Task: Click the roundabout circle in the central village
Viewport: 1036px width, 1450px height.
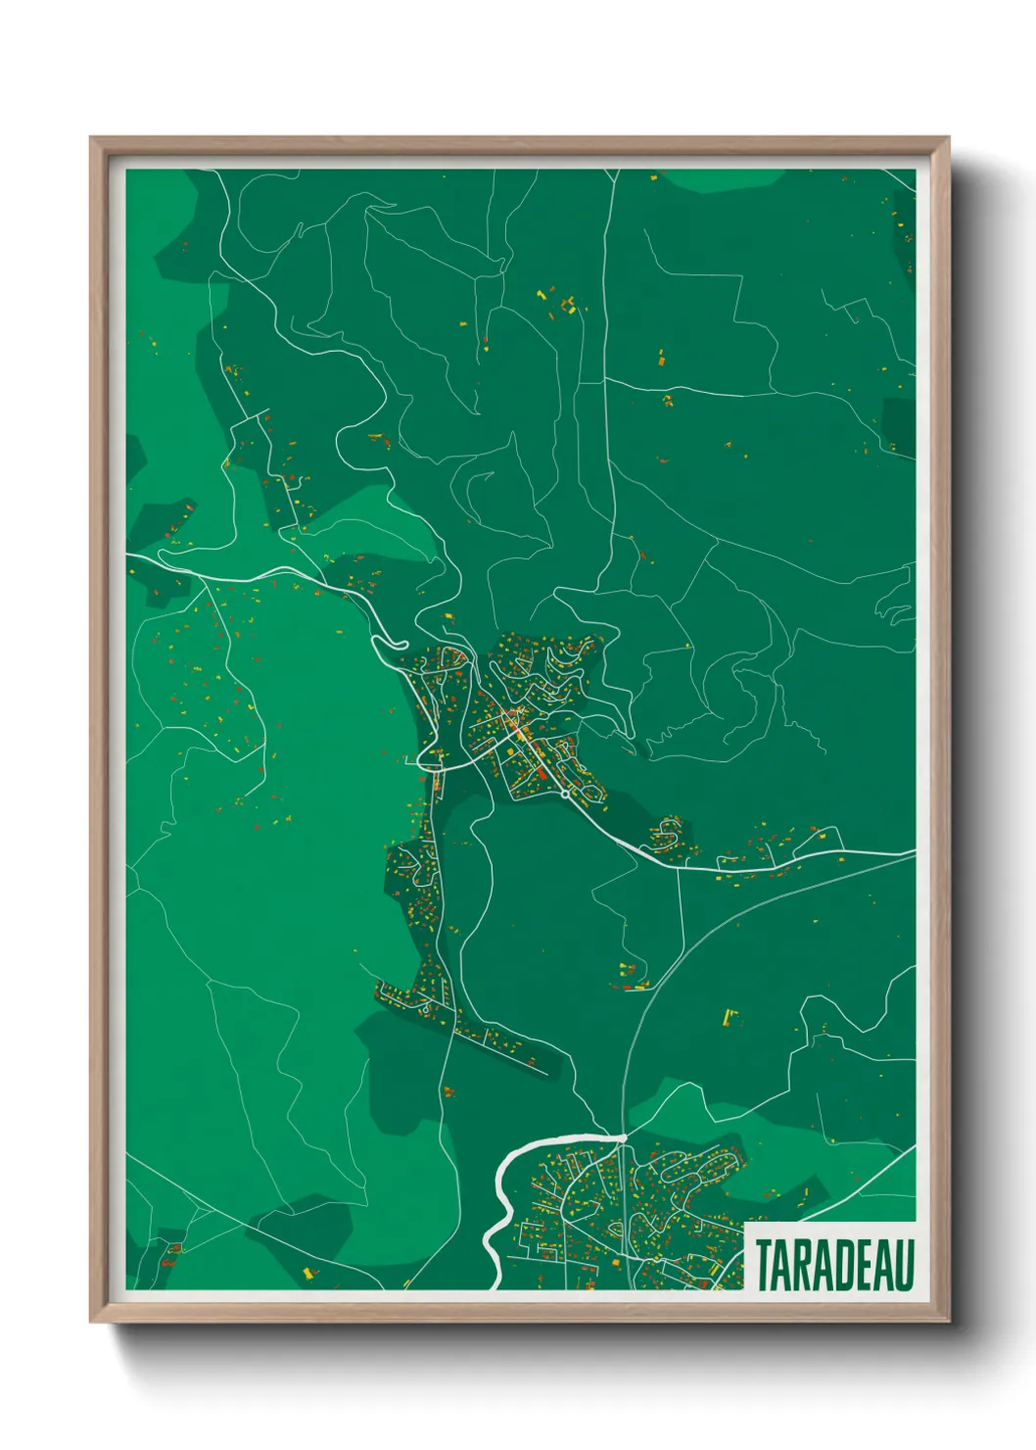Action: pyautogui.click(x=566, y=795)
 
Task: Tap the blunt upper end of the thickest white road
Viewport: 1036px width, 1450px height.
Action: pyautogui.click(x=623, y=1137)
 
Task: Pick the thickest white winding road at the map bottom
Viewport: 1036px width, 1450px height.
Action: pyautogui.click(x=499, y=1205)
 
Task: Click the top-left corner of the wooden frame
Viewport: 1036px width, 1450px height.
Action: pyautogui.click(x=91, y=138)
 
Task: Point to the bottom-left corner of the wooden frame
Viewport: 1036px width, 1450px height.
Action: pyautogui.click(x=91, y=1322)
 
